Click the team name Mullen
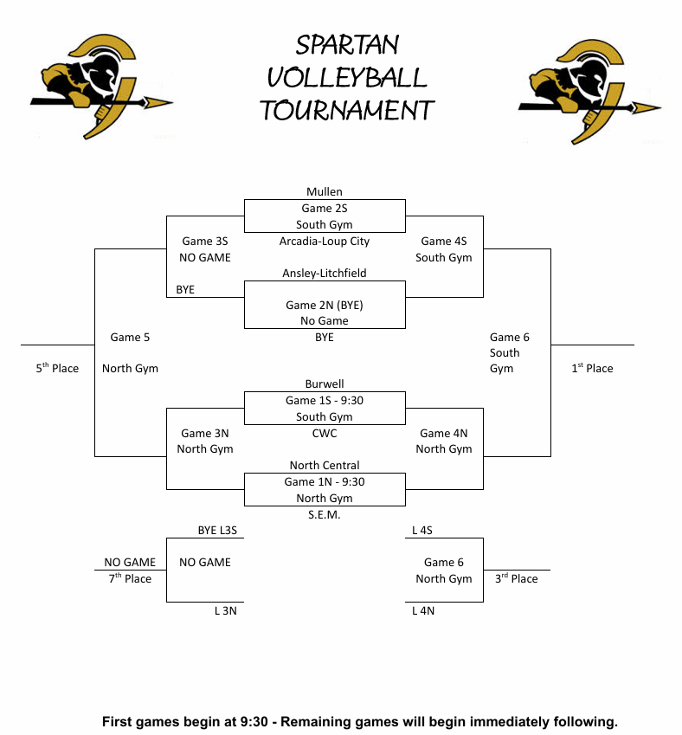[x=325, y=192]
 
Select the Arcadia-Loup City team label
[x=325, y=242]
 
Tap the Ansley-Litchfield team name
[x=325, y=274]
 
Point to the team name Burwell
[x=325, y=384]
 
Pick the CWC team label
[x=325, y=433]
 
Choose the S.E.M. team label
[x=325, y=515]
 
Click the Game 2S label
[x=325, y=209]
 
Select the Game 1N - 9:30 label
[x=325, y=482]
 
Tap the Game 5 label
[x=130, y=337]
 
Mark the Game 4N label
[x=444, y=433]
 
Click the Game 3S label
[x=205, y=242]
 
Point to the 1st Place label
[x=592, y=369]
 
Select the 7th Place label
[x=130, y=578]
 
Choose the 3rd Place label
[x=516, y=578]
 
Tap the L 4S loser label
[x=422, y=530]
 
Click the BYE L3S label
[x=219, y=530]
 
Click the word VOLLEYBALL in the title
[x=347, y=78]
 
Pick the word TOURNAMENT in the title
[x=347, y=111]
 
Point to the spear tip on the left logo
[x=161, y=102]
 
